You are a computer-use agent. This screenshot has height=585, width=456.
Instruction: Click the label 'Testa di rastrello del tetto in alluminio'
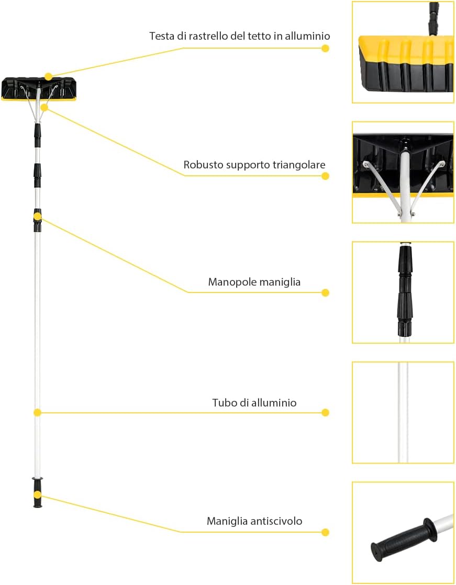pos(240,36)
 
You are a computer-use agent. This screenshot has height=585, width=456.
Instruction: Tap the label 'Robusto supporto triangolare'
pos(254,165)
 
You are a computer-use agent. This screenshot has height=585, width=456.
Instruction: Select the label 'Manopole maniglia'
pos(254,282)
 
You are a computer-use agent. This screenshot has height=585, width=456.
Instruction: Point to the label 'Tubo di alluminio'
pos(254,402)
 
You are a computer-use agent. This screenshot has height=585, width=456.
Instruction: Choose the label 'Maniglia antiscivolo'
pos(254,521)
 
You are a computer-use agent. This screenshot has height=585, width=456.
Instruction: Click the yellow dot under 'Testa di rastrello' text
pos(326,48)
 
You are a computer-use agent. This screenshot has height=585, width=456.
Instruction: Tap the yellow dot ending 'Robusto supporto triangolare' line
pos(326,176)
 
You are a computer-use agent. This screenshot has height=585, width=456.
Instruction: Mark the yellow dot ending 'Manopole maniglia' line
pos(326,293)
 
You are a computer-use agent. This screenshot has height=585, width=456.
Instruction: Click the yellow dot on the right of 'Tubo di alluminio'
pos(326,413)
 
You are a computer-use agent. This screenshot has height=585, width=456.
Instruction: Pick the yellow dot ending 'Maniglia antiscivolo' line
pos(326,532)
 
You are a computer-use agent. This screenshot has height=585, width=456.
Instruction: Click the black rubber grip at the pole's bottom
pos(37,492)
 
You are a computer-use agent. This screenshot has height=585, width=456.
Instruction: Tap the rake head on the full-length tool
pos(39,89)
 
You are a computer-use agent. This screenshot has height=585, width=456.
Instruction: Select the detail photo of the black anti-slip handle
pos(403,532)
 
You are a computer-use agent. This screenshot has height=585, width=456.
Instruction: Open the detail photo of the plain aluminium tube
pos(403,413)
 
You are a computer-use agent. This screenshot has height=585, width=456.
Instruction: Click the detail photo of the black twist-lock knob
pos(403,292)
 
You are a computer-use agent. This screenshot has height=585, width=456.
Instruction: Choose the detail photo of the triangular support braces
pos(403,172)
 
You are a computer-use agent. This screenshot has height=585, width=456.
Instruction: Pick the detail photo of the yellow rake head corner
pos(403,52)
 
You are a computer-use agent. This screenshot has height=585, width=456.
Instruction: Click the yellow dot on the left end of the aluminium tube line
pos(37,412)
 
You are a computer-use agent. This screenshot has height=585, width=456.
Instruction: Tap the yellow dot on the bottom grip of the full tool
pos(37,495)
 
